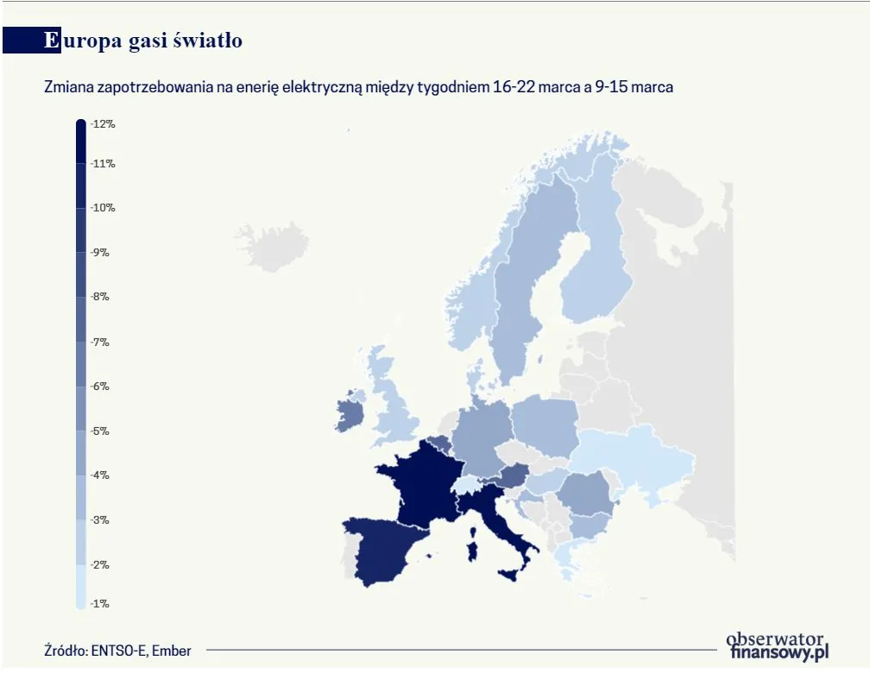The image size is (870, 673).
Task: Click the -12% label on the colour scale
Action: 103,124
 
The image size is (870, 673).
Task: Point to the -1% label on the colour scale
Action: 100,604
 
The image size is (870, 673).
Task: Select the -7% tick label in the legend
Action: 100,343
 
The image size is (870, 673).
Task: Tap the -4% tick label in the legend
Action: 100,475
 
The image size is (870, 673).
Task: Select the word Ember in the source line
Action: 173,651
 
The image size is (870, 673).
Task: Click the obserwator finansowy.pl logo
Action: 777,645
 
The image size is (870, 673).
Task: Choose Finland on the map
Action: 596,276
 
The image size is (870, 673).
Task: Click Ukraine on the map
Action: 634,457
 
